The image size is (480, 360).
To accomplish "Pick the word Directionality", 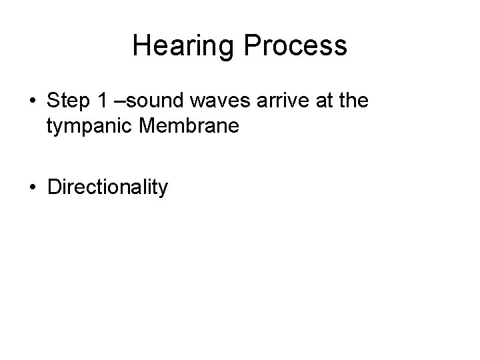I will (107, 188).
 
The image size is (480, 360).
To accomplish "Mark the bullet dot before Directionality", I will (33, 188).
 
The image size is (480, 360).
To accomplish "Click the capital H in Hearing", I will (141, 45).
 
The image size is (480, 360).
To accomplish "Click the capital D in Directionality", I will (53, 187).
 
